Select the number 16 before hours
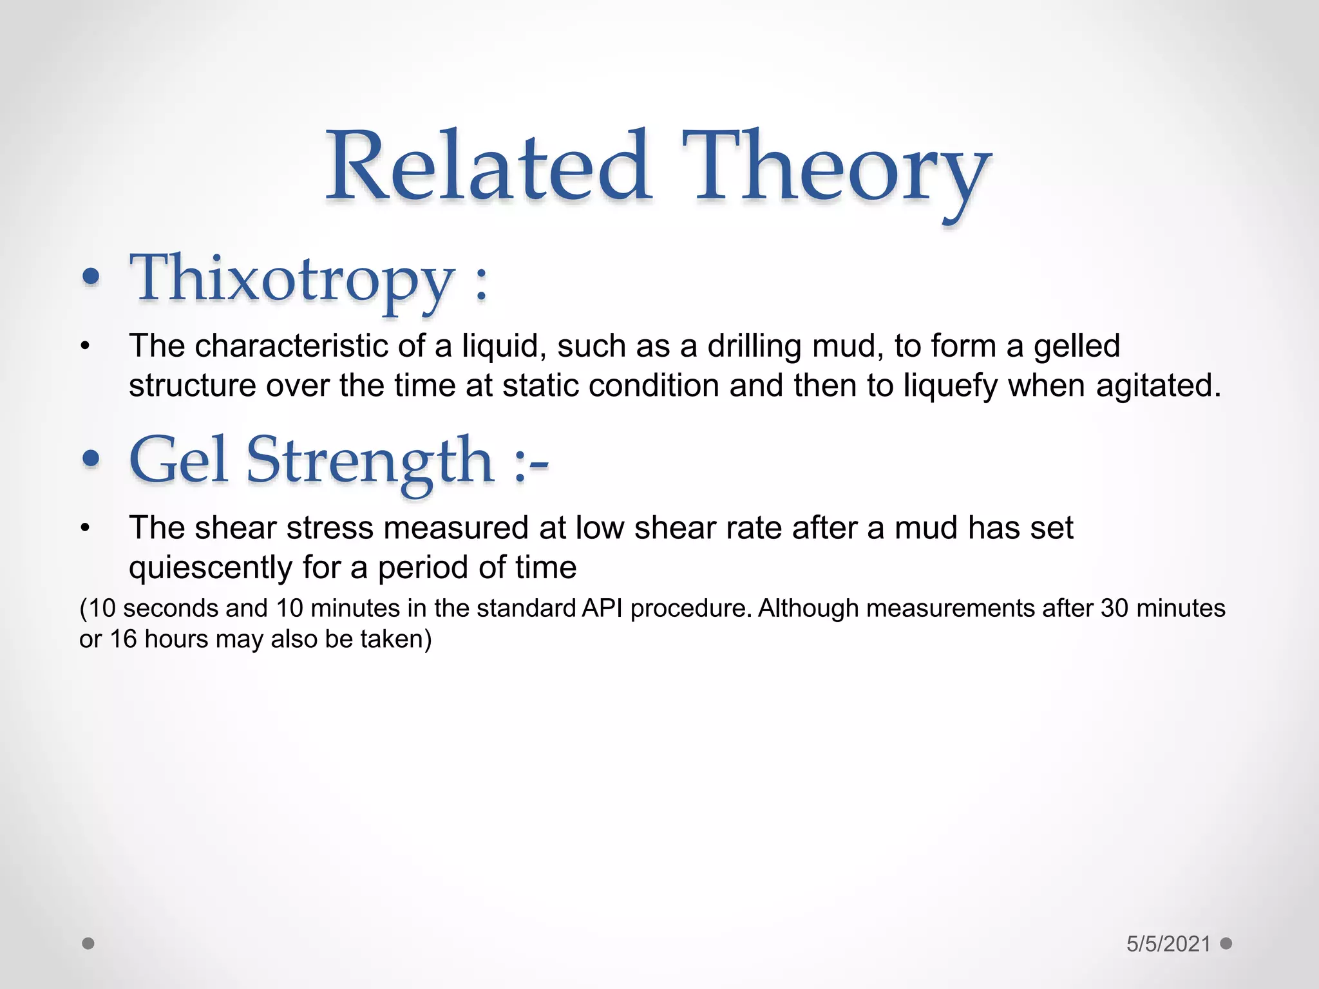point(124,639)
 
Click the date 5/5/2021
point(1168,944)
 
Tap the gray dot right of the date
point(1226,943)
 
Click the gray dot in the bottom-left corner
point(88,943)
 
